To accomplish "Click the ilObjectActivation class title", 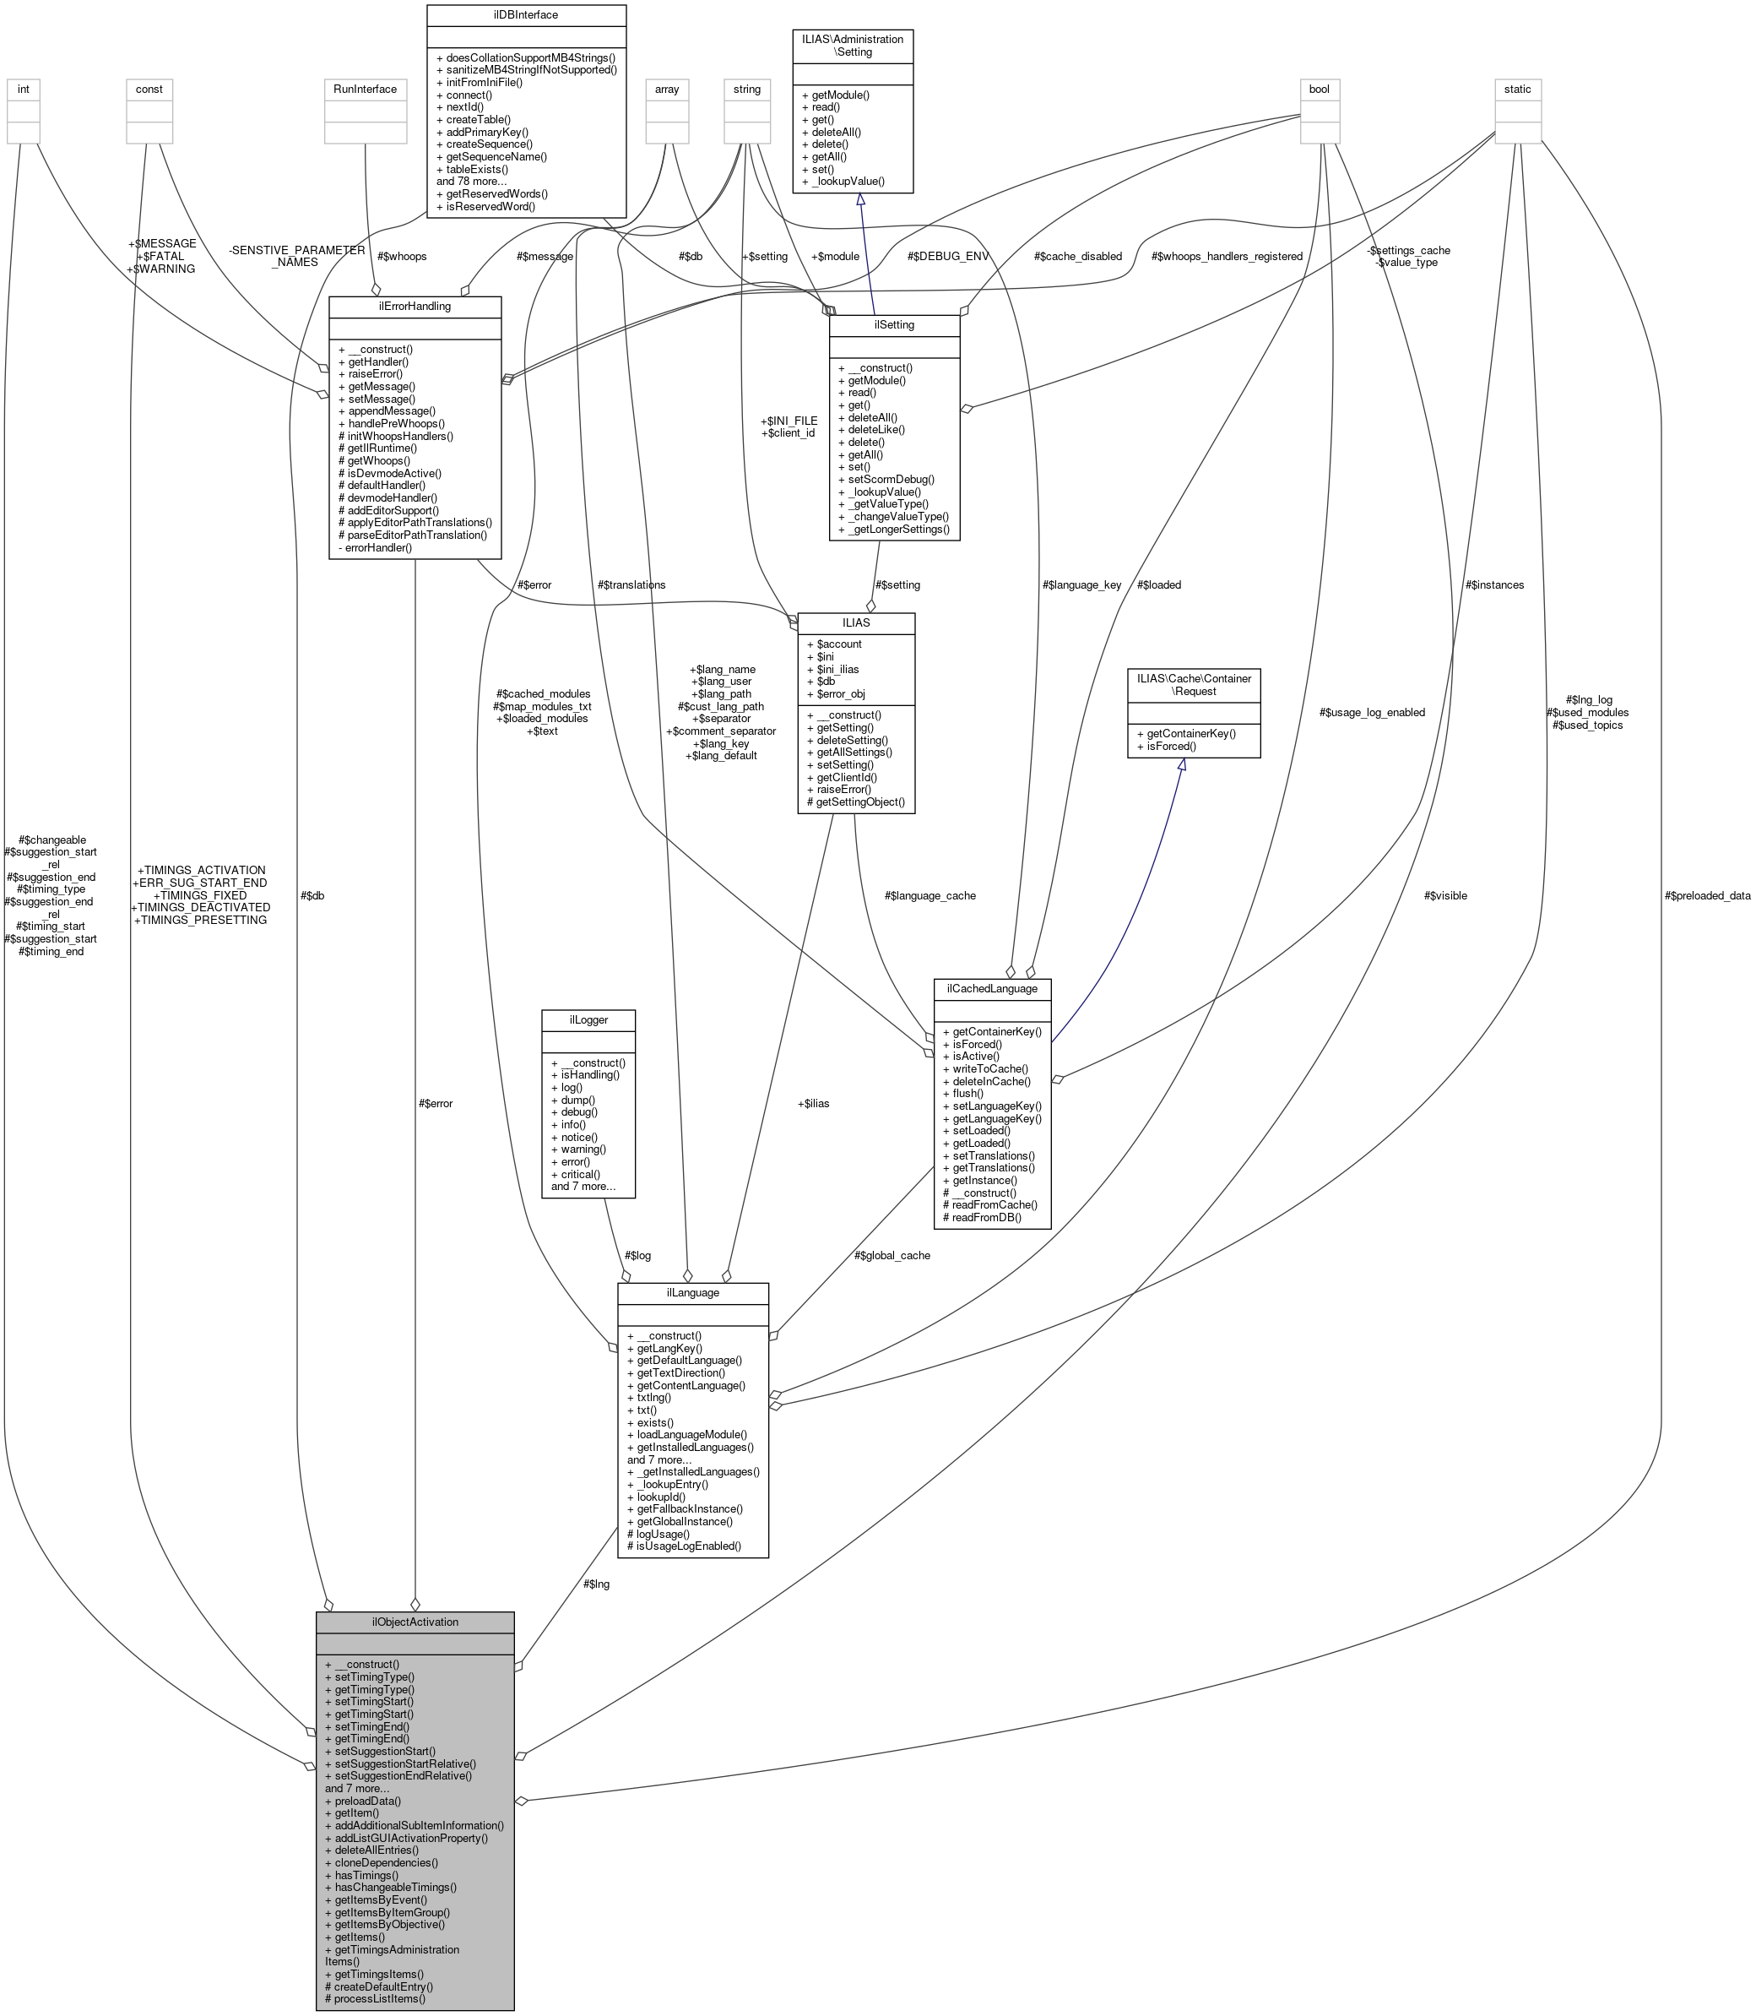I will tap(415, 1622).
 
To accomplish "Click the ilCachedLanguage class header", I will tap(992, 989).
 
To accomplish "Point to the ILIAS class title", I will tap(855, 622).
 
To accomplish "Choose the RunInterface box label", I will tap(365, 90).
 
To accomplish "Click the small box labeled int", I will tap(24, 90).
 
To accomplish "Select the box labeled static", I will tap(1517, 90).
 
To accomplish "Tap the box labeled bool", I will tap(1319, 90).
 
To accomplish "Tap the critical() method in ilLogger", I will tap(580, 1173).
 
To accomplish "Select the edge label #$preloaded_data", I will tap(1706, 896).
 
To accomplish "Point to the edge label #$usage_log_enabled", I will tap(1372, 713).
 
